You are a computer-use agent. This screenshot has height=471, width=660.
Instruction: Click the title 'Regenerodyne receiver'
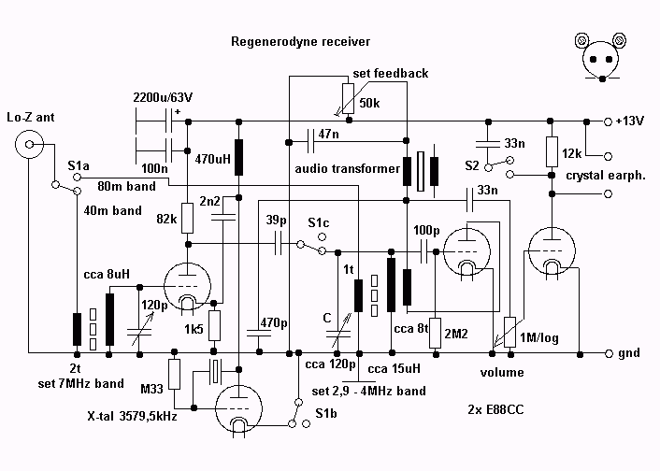click(x=300, y=42)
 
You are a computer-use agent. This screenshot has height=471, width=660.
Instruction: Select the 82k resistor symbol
click(x=186, y=219)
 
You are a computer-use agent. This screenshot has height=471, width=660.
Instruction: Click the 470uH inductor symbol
click(x=239, y=157)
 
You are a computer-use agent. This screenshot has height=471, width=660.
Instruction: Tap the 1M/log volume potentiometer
click(x=510, y=330)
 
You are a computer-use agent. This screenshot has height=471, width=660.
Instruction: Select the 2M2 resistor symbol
click(x=436, y=333)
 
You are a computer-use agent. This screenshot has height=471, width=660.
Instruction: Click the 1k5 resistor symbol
click(x=214, y=325)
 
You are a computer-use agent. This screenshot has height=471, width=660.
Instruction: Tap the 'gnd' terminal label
click(x=630, y=354)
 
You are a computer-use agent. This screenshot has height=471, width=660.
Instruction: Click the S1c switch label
click(x=320, y=223)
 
